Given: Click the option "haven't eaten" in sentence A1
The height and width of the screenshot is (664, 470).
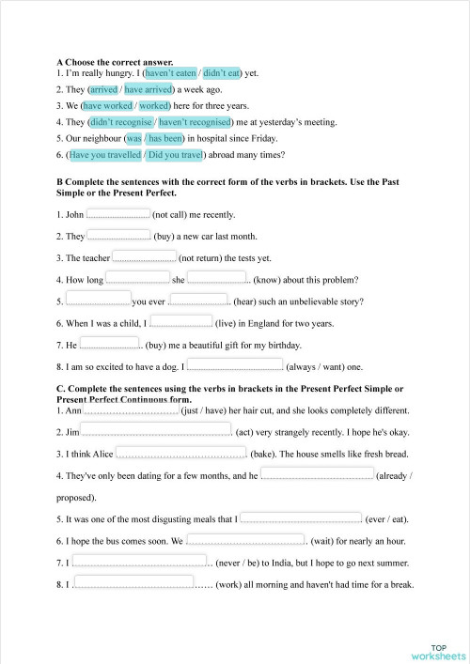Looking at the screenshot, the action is (x=170, y=72).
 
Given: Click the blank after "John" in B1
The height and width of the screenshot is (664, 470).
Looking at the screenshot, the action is (x=118, y=214).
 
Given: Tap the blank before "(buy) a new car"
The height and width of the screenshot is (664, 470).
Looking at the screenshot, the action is (x=119, y=236).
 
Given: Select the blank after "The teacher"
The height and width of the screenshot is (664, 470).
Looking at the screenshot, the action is (x=144, y=256).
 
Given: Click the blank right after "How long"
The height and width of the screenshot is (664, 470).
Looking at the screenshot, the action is (x=137, y=278).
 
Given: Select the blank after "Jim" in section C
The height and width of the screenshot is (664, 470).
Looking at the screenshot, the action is (x=156, y=430).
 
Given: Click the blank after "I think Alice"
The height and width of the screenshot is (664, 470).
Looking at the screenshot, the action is (x=181, y=453).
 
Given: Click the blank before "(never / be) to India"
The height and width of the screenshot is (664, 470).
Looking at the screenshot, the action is (x=139, y=562).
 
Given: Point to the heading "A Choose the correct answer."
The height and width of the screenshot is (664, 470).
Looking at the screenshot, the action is (x=115, y=61).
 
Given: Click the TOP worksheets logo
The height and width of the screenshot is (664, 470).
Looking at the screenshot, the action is (x=438, y=652).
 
